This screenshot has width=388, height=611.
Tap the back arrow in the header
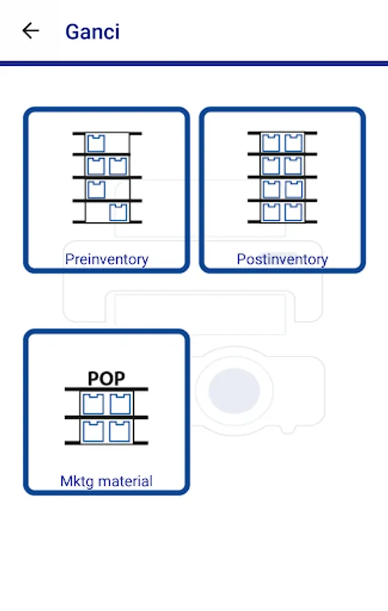click(x=31, y=31)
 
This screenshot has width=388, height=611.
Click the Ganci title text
click(x=92, y=32)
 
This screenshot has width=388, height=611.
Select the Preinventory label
click(x=107, y=259)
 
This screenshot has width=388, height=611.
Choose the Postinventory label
click(x=282, y=259)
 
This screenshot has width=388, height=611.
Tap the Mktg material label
click(x=107, y=481)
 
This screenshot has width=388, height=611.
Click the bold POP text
click(x=107, y=378)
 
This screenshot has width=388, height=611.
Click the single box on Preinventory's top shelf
click(x=96, y=143)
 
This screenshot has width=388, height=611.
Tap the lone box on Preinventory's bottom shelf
click(x=118, y=212)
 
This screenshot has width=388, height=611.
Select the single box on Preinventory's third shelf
click(x=96, y=189)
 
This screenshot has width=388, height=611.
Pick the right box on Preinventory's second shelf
click(x=118, y=166)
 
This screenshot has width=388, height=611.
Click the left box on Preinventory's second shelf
click(x=96, y=166)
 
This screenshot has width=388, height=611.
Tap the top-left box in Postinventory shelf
click(x=271, y=143)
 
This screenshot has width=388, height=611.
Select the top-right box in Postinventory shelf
click(x=294, y=143)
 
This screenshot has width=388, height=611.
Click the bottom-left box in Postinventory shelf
click(x=271, y=212)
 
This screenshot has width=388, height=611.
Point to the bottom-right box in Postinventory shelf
click(x=294, y=212)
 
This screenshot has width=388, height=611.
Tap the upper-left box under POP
click(x=93, y=404)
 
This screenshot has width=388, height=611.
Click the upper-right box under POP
click(x=120, y=404)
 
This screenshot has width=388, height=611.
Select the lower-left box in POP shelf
click(x=93, y=430)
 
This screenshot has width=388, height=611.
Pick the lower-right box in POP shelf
click(x=120, y=430)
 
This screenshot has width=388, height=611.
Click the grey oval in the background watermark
click(x=234, y=390)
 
